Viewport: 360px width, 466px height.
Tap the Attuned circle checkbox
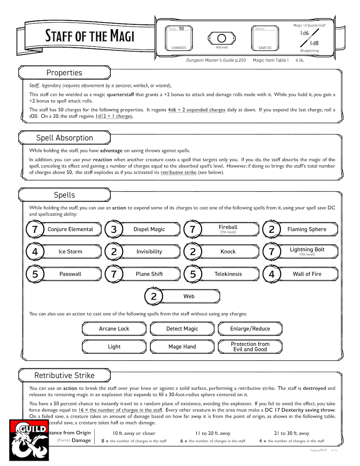[x=221, y=38]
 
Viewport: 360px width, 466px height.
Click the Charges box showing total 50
[x=178, y=38]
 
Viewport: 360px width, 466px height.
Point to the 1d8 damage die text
[x=314, y=43]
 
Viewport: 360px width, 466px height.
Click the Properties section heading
[x=64, y=73]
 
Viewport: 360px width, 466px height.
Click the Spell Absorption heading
[x=64, y=138]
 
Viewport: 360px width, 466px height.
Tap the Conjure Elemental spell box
[x=70, y=229]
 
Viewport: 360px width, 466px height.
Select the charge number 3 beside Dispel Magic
[x=114, y=230]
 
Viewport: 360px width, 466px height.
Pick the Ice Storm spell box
[x=70, y=252]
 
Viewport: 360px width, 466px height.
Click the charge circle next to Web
[x=154, y=297]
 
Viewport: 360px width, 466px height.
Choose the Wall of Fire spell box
[x=307, y=274]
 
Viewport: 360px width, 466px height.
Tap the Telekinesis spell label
[x=228, y=274]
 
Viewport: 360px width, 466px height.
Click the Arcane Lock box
[x=114, y=329]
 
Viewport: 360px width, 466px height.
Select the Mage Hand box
[x=182, y=347]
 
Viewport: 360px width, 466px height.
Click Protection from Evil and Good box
[x=250, y=347]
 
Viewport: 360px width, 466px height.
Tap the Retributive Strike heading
[x=64, y=376]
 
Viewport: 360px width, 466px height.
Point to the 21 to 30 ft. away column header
[x=292, y=433]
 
